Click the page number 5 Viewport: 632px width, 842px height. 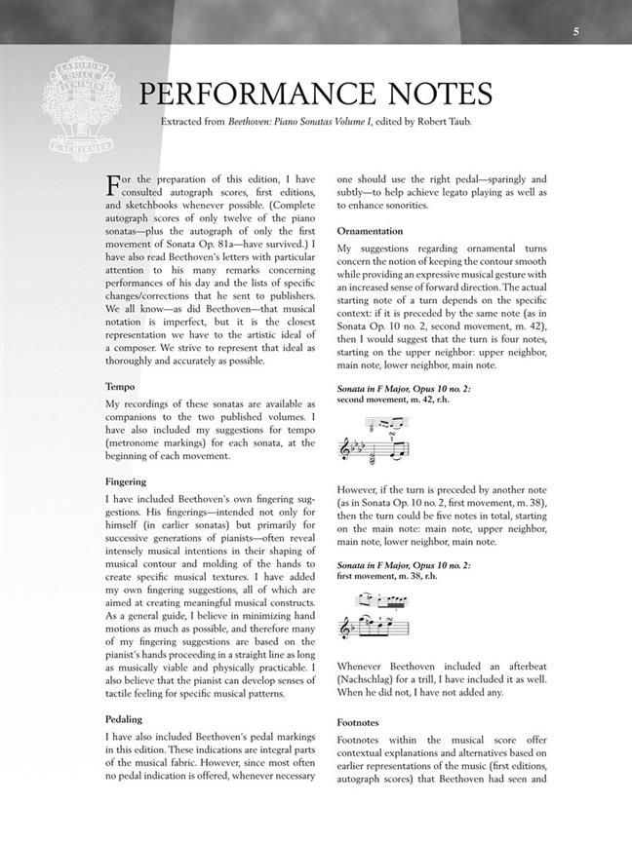click(576, 32)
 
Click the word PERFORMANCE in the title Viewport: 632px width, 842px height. click(264, 95)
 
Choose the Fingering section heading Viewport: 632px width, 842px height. click(126, 481)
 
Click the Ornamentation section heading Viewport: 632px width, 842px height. click(370, 231)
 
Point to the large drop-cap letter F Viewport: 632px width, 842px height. click(113, 185)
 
